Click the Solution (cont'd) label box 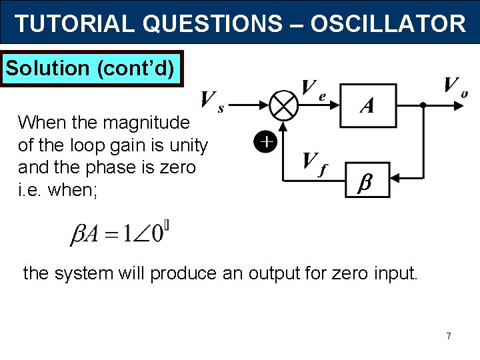click(93, 68)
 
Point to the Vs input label click(212, 101)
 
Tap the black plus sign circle click(265, 142)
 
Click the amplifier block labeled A click(367, 105)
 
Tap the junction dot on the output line click(423, 105)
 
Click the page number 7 click(449, 336)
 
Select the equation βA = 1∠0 click(120, 233)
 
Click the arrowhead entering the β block click(394, 178)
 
